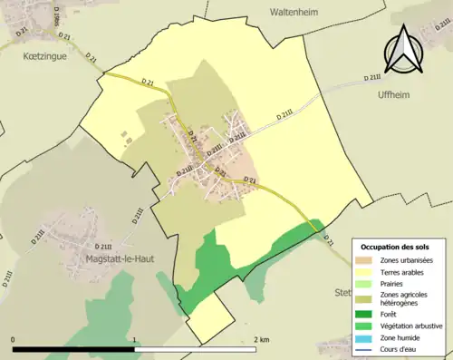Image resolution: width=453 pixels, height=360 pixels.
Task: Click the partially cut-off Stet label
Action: (342, 292)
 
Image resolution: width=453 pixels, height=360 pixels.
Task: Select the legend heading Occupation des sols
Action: (400, 247)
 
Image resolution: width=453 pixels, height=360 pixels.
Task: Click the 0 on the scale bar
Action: (13, 339)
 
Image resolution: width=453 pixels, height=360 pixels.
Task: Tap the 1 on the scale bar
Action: (135, 339)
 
